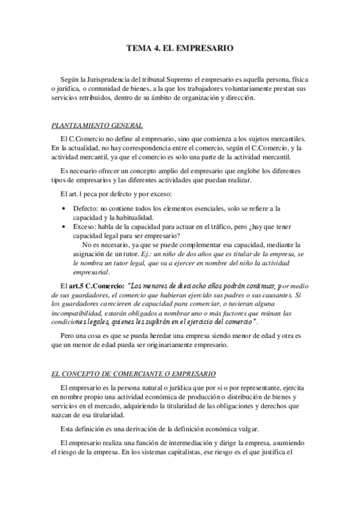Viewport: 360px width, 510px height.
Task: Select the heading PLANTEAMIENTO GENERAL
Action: [97, 126]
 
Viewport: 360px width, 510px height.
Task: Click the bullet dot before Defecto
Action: [65, 208]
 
